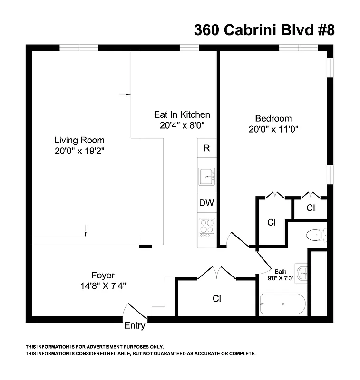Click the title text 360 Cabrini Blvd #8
[x=264, y=30]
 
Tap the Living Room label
[x=79, y=141]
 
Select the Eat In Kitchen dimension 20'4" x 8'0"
[x=182, y=126]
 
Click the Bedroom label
[x=273, y=118]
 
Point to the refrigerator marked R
[x=206, y=148]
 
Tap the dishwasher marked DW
[x=206, y=203]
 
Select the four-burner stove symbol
[x=207, y=228]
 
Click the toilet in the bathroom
[x=316, y=235]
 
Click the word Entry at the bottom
[x=135, y=326]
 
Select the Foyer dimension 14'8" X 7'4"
[x=103, y=285]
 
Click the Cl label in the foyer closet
[x=216, y=299]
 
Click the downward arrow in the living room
[x=86, y=231]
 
